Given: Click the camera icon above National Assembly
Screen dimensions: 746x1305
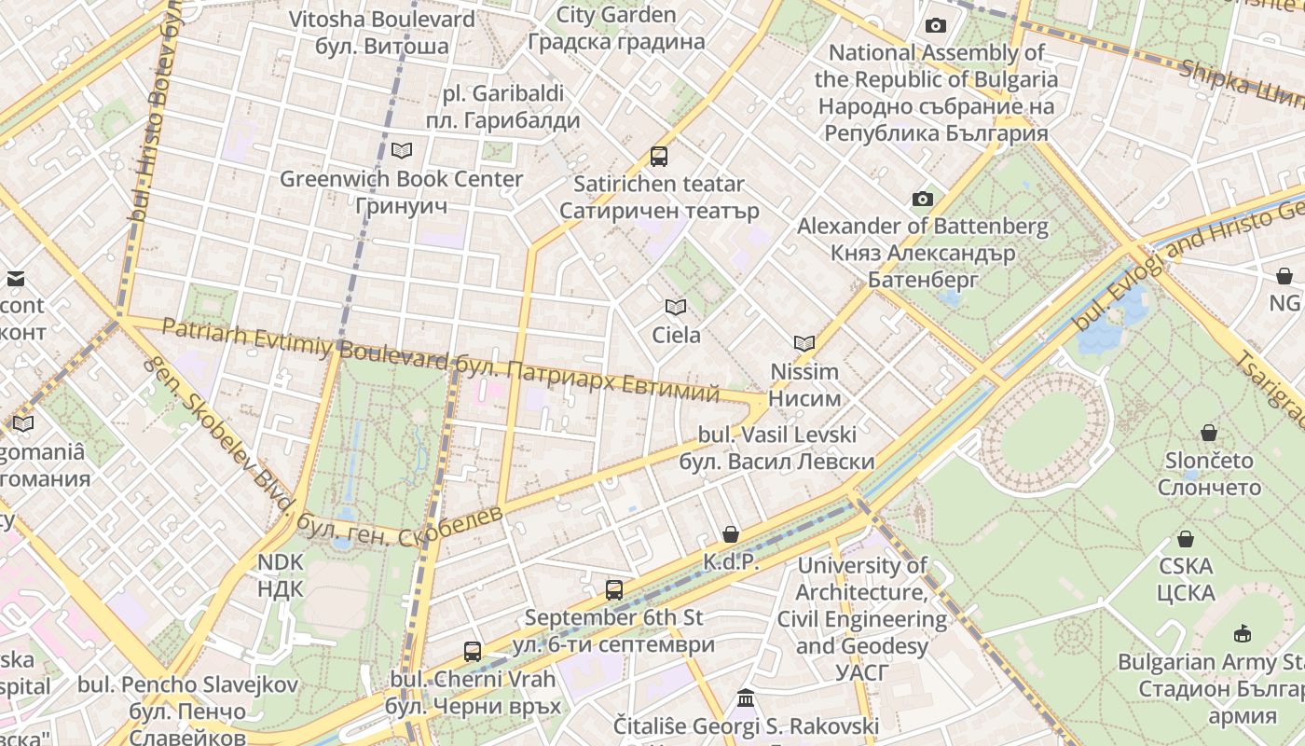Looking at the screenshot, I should (x=936, y=25).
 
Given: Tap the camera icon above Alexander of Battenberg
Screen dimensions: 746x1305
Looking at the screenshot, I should (x=923, y=199).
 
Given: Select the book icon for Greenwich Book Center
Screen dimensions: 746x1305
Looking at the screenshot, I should (x=402, y=150).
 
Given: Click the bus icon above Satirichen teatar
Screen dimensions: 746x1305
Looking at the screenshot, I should (x=659, y=156).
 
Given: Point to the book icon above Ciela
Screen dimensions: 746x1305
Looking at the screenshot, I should (x=676, y=307).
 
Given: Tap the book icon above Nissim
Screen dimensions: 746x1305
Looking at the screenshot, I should (x=804, y=343).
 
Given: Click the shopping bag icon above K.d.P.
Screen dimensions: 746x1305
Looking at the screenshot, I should (x=731, y=534).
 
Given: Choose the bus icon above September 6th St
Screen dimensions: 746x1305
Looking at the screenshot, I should (x=613, y=589).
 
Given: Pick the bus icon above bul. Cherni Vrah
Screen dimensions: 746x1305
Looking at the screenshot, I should (x=473, y=651).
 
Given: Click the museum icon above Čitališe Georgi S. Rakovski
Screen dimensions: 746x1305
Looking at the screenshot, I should (x=746, y=698).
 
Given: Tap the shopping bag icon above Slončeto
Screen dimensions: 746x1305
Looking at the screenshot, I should (x=1209, y=433).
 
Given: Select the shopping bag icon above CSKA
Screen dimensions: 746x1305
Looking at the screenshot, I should (x=1186, y=539).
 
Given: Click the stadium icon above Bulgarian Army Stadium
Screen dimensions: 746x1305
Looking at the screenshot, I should (x=1242, y=634).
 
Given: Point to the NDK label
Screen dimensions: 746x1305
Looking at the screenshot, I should (x=281, y=575).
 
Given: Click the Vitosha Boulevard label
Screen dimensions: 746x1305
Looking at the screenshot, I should (x=381, y=32).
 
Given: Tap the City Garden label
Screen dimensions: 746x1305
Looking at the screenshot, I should (x=616, y=28).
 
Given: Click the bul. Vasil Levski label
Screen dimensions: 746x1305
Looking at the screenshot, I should (x=777, y=448).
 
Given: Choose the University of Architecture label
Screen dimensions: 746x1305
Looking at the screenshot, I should (x=861, y=618).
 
